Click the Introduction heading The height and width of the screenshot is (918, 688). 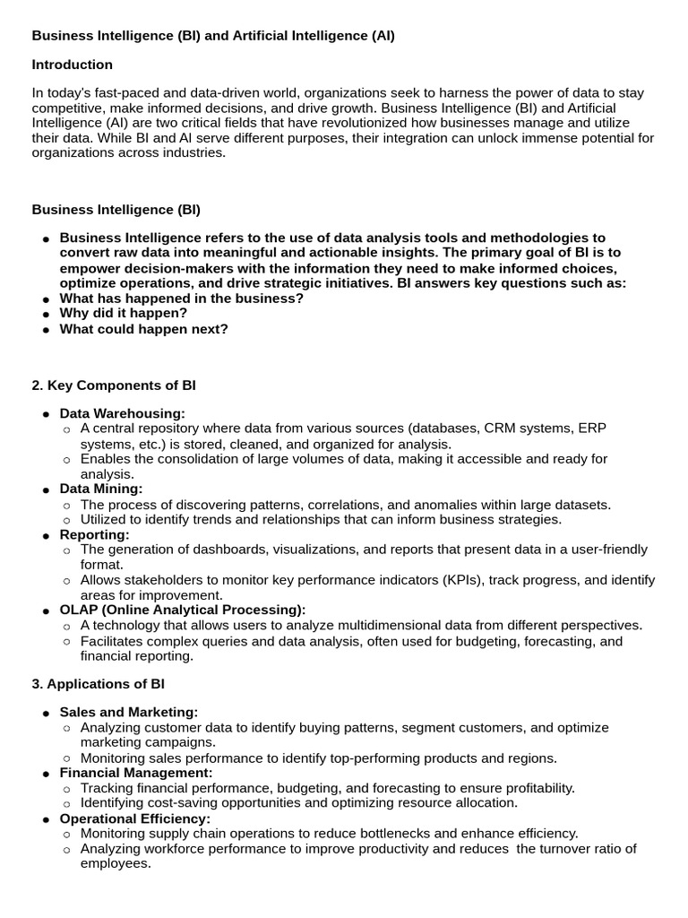[x=73, y=65]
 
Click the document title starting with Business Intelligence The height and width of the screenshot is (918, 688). [x=213, y=36]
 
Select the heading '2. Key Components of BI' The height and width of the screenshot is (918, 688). [x=114, y=385]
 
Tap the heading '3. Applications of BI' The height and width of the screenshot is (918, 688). [x=99, y=683]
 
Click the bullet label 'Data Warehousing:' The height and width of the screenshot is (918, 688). [x=123, y=413]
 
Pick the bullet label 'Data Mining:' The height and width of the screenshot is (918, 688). [x=101, y=489]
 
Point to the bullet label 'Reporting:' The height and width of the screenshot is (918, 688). [x=94, y=534]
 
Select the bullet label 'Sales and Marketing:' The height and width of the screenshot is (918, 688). [x=129, y=712]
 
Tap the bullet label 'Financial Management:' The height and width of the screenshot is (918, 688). [x=136, y=772]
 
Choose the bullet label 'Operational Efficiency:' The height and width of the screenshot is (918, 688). [x=135, y=818]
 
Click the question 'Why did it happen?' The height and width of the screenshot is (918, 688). [x=124, y=313]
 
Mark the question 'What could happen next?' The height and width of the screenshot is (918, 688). [x=144, y=329]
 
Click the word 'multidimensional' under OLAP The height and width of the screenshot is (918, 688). [x=350, y=625]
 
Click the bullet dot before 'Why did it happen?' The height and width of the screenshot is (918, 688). [x=46, y=314]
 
